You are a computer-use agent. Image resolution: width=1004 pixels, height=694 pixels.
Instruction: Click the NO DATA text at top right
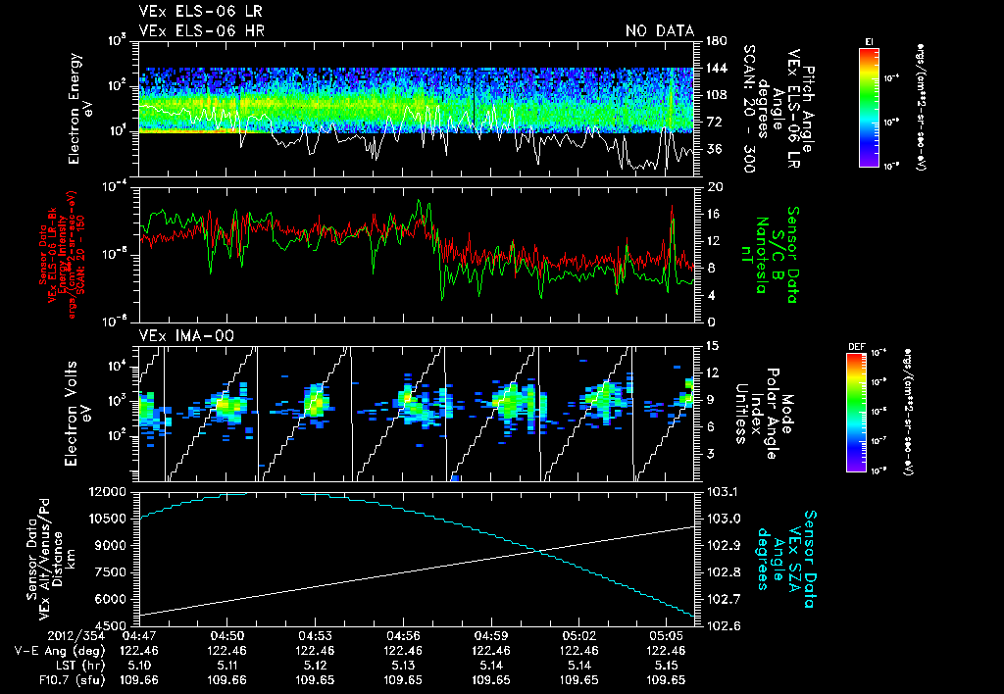click(659, 31)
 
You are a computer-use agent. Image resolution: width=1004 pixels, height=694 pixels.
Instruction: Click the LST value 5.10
click(142, 664)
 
